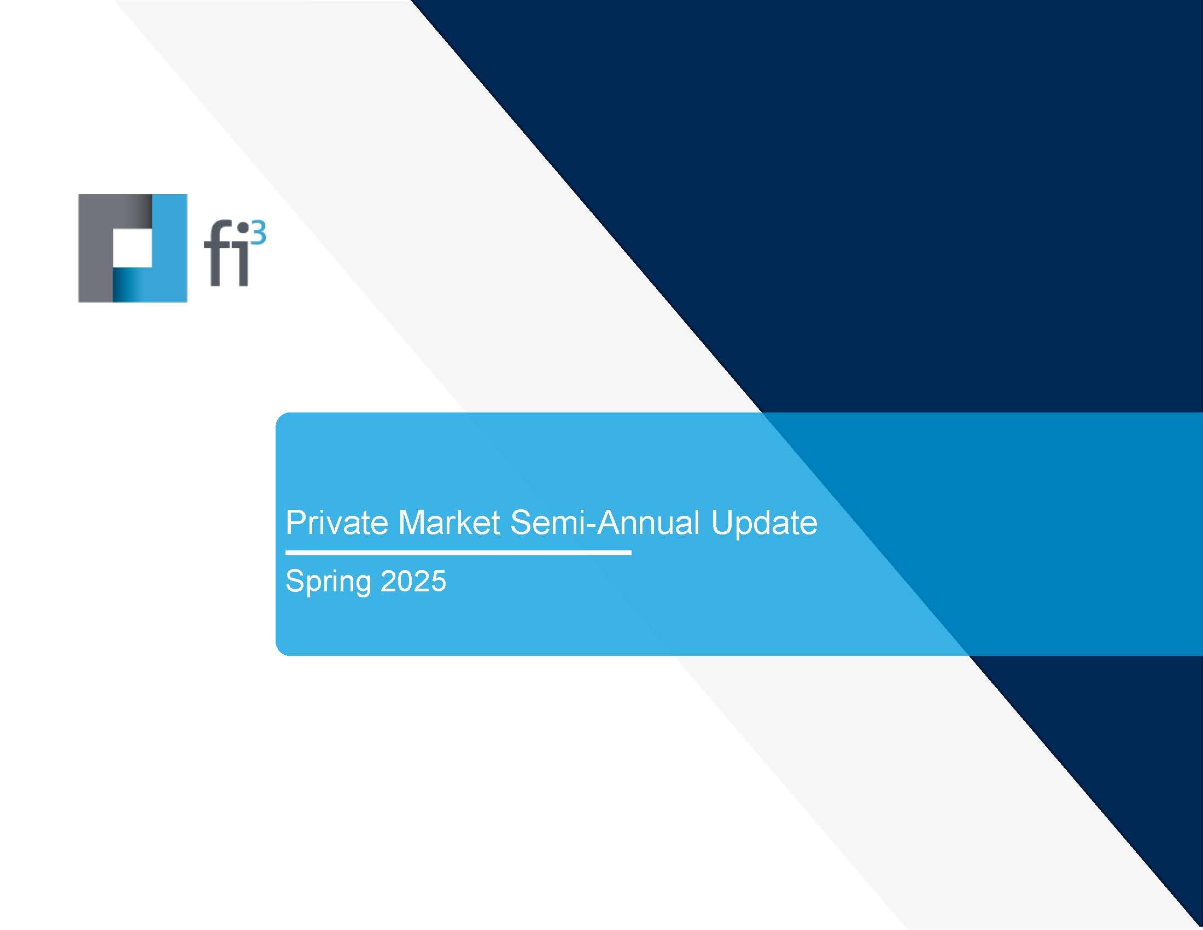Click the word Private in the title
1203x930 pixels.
click(336, 522)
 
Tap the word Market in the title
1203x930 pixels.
click(448, 522)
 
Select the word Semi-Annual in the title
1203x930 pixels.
click(604, 522)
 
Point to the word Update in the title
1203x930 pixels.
click(763, 524)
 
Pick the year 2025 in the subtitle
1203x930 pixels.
click(413, 581)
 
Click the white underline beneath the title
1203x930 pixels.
click(458, 553)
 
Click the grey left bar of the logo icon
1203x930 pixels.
click(95, 248)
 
